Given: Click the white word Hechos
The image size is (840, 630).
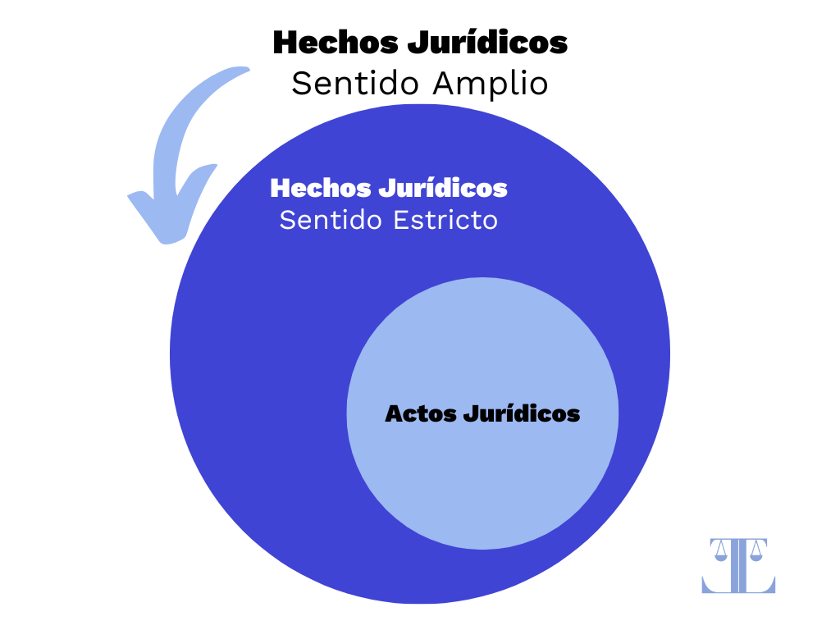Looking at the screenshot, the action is tap(320, 188).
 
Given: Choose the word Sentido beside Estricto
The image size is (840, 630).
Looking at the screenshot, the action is tap(333, 221).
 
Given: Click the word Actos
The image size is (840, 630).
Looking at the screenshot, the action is tap(420, 413).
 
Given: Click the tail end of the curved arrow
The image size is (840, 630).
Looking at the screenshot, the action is tap(243, 74).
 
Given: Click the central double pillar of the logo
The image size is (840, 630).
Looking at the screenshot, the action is tap(738, 566).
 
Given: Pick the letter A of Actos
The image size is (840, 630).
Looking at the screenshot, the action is tap(394, 413).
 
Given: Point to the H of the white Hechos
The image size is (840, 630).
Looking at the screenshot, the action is tap(281, 188).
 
